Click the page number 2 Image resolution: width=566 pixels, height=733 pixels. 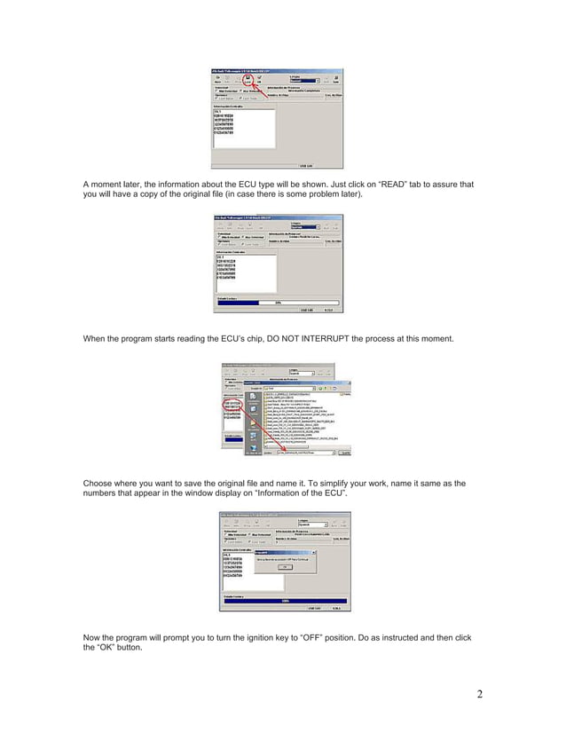(x=480, y=693)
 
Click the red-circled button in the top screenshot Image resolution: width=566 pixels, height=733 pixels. (x=248, y=79)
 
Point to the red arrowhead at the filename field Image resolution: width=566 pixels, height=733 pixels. (x=286, y=451)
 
